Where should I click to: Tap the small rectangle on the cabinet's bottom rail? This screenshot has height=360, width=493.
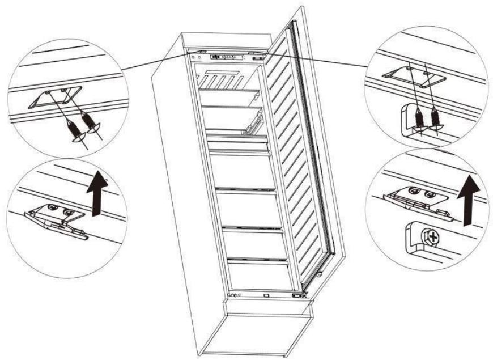[266, 295]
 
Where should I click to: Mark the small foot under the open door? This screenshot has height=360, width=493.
[319, 274]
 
